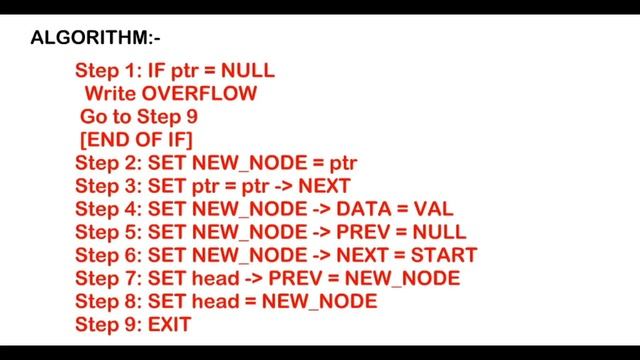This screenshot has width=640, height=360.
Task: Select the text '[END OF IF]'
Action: point(136,139)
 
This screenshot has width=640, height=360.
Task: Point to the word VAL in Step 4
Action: point(433,209)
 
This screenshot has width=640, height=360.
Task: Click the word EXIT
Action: point(169,324)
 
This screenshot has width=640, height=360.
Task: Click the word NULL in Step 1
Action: point(247,70)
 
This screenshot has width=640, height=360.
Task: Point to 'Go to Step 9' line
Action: point(138,116)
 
